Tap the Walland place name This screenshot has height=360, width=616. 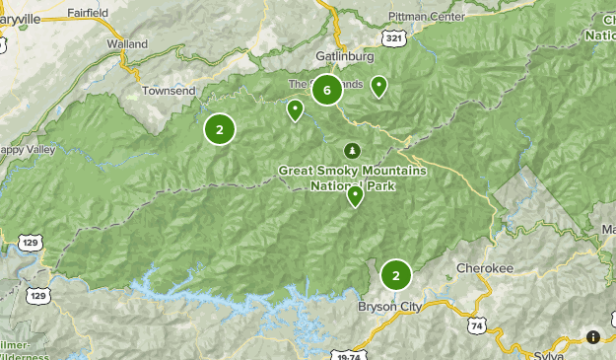(127, 44)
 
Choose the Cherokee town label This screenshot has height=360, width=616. (485, 267)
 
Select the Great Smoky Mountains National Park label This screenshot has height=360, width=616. (352, 178)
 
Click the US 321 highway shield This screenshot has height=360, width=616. (394, 37)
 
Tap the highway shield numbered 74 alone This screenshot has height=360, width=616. (479, 324)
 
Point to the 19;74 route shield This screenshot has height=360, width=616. (349, 353)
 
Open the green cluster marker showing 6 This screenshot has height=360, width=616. (327, 91)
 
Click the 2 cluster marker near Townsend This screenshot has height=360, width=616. (220, 128)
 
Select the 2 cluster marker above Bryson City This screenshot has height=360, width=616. (395, 275)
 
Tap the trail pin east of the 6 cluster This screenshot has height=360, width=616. (378, 88)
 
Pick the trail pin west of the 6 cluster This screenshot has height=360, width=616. (295, 110)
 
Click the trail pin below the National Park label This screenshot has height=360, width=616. (355, 196)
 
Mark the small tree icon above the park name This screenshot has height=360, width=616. (351, 150)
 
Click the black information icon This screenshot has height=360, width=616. (593, 337)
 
